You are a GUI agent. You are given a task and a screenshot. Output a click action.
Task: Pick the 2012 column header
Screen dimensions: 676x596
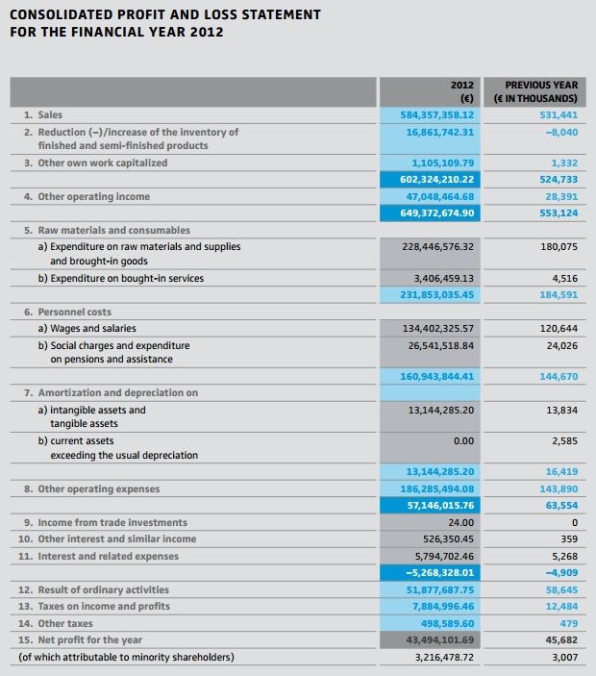464,85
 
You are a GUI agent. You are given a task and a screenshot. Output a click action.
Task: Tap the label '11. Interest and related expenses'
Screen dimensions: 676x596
100,556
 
